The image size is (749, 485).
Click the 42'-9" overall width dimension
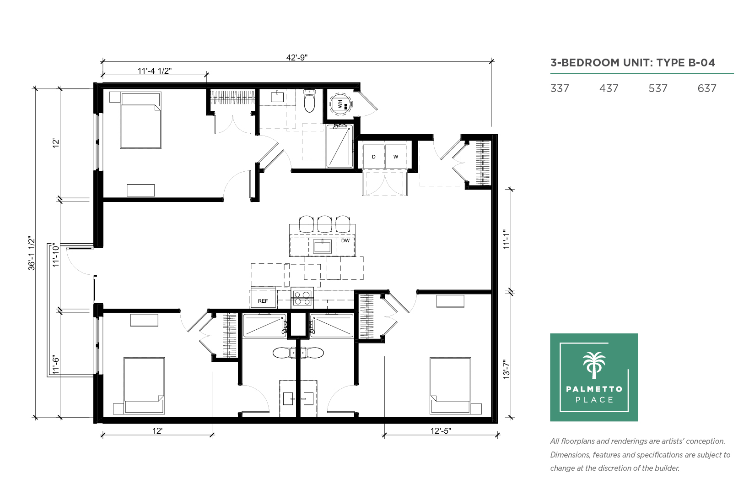pos(296,58)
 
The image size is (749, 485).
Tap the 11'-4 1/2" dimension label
pos(155,71)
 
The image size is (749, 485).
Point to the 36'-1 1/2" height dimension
pos(32,253)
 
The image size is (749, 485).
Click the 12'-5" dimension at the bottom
pos(441,431)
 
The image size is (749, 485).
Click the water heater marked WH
pos(341,104)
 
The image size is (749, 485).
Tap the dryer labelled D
pos(373,157)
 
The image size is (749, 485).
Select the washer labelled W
pos(396,157)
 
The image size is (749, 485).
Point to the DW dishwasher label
pos(345,240)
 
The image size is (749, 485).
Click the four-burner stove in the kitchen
pos(302,298)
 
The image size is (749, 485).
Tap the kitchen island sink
pos(322,247)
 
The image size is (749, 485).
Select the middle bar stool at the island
pos(324,224)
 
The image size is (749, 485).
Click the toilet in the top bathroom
pos(310,100)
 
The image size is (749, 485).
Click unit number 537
pos(657,88)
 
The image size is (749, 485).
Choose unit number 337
pos(560,88)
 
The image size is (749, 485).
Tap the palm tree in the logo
pos(594,365)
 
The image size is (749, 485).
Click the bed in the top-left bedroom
pos(140,120)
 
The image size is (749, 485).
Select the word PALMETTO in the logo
pos(594,389)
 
